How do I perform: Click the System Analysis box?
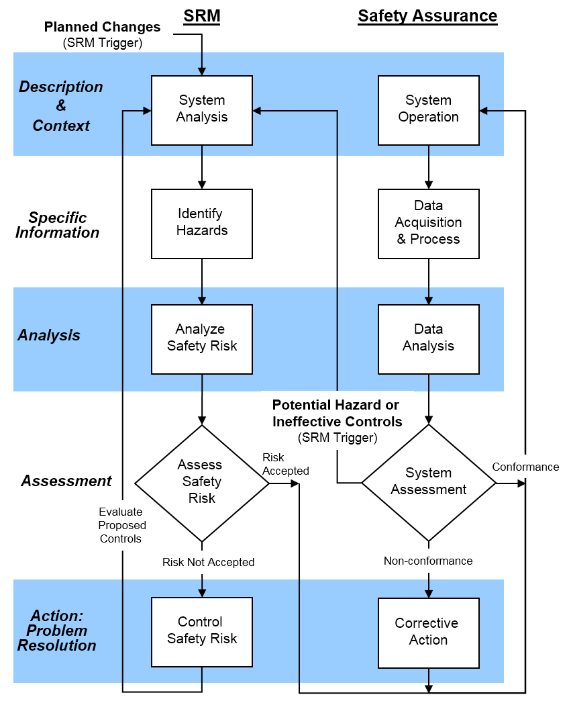point(202,109)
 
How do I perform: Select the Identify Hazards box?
point(202,223)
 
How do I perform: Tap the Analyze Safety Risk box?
point(202,338)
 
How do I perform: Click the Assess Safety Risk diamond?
point(201,482)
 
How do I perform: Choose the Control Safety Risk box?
point(202,631)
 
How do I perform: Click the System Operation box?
point(428,109)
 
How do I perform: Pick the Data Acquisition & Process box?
point(428,223)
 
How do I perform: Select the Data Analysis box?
point(428,338)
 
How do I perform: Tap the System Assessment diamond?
point(428,482)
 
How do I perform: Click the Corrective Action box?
point(428,633)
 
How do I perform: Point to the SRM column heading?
point(202,16)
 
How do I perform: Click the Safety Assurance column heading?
point(427,16)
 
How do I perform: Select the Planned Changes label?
point(102,28)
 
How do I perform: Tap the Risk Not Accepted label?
point(208,562)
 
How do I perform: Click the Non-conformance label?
point(428,561)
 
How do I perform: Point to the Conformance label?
point(525,467)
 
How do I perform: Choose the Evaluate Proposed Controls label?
point(122,525)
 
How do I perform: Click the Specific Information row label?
point(57,226)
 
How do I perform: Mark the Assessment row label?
point(66,481)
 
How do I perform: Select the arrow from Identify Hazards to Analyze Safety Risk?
point(202,281)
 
